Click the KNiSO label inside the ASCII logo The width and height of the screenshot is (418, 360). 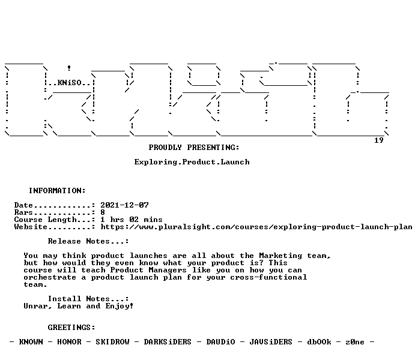coord(69,83)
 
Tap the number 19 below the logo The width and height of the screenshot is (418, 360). coord(379,140)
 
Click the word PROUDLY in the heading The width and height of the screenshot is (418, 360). coord(165,148)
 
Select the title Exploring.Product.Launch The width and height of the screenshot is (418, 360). coord(192,162)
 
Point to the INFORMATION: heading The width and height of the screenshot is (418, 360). coord(57,191)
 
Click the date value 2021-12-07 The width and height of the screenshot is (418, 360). coord(124,205)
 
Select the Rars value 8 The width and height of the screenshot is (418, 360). coord(103,212)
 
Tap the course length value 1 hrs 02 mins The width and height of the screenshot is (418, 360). coord(132,220)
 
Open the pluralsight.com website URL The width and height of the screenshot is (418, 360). coord(256,227)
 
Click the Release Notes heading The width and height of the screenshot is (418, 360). coord(88,241)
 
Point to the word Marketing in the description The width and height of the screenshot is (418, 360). coord(280,256)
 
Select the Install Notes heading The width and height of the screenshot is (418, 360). coord(88,299)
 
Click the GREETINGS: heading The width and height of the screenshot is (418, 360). coord(71,328)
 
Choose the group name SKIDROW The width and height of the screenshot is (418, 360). coord(112,342)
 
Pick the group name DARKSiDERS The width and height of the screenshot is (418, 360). coord(168,342)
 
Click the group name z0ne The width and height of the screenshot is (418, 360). coord(355,342)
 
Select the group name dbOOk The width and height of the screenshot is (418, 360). coord(319,342)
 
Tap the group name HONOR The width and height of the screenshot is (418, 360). coord(69,342)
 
